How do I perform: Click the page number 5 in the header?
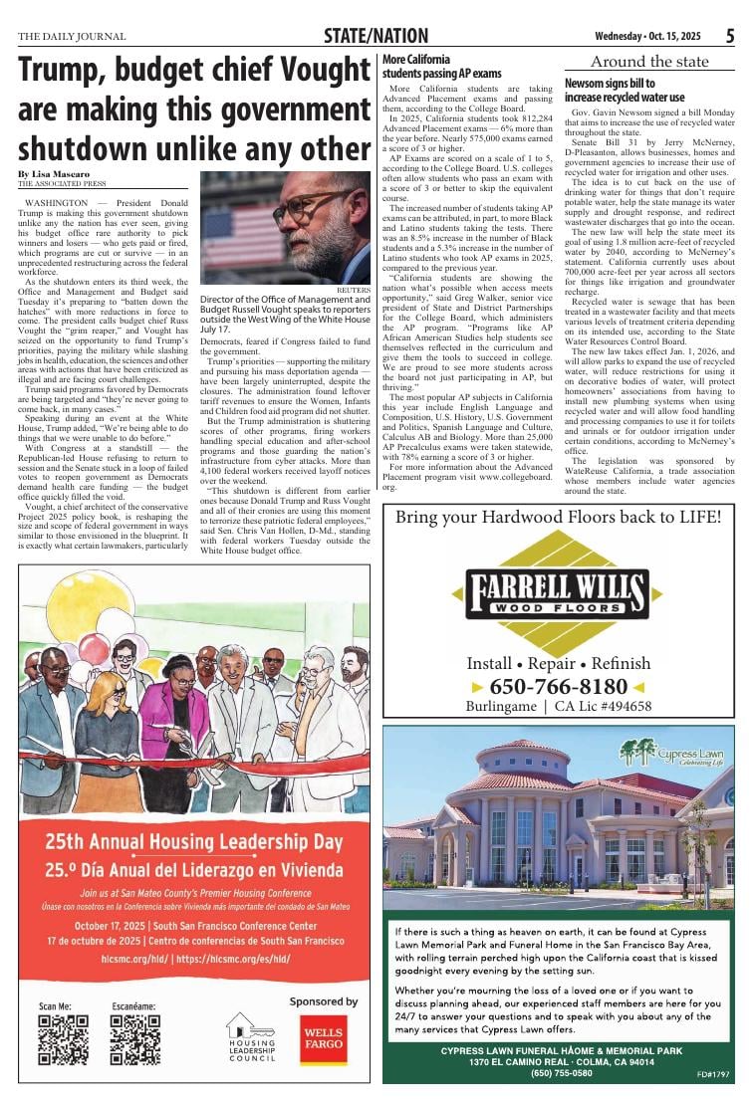pos(729,36)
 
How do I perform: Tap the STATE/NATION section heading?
pos(376,37)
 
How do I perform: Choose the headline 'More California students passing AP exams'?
pos(441,67)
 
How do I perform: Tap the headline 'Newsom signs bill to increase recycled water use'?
pos(625,91)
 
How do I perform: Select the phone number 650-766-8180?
pos(558,687)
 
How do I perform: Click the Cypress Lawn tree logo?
pos(636,752)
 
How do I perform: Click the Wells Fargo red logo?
pos(324,1039)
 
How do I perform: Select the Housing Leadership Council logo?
pos(252,1036)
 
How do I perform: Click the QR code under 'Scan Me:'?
pos(63,1039)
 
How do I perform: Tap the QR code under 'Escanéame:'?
pos(135,1039)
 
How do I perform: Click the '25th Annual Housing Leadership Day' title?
pos(194,841)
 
